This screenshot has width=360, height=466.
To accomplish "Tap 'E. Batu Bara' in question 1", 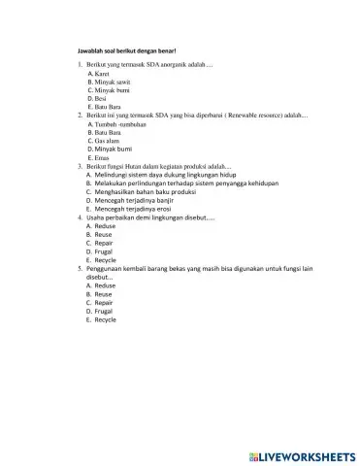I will (103, 107).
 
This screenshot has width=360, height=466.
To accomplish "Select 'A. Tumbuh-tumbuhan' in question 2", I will (116, 125).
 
